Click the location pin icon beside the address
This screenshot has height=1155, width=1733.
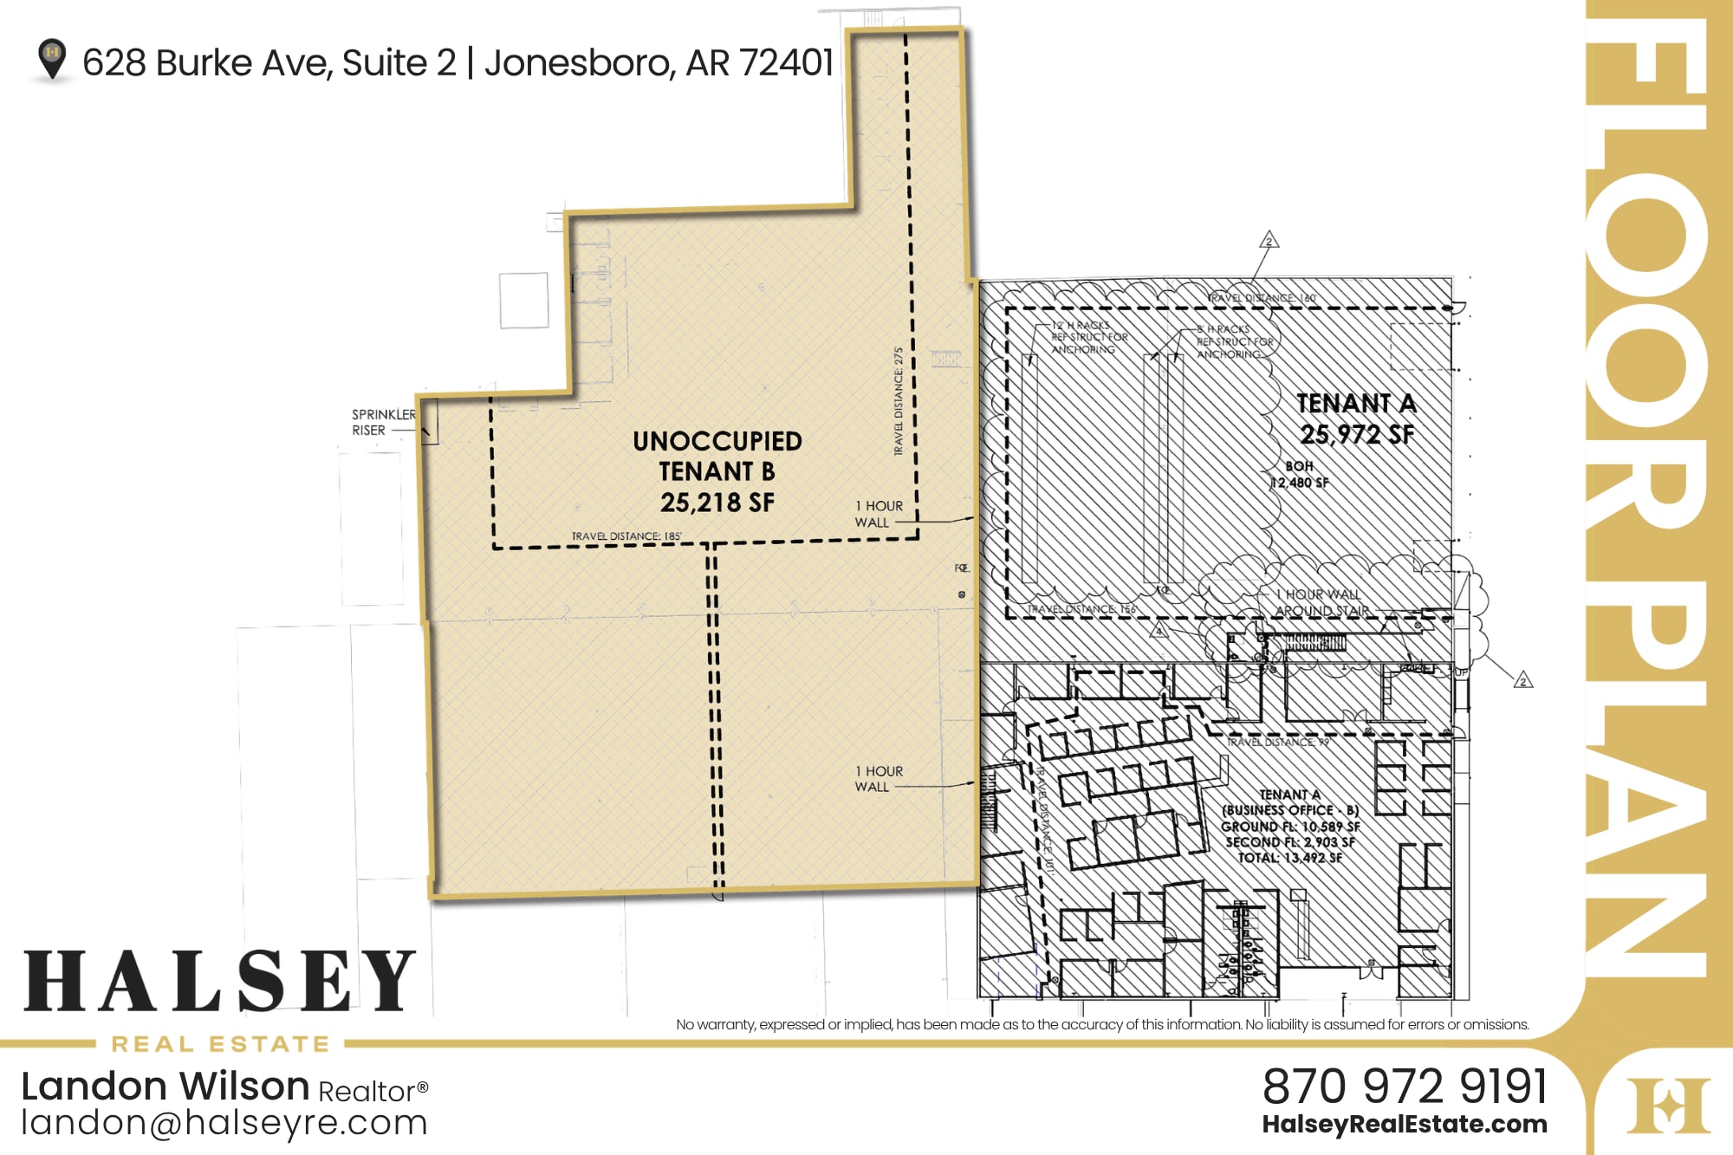(52, 59)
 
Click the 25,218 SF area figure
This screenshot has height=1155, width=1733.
(717, 503)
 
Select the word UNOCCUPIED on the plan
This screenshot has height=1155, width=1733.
(717, 441)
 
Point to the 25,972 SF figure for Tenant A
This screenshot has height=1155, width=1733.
(1356, 434)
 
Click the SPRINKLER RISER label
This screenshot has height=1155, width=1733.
(383, 422)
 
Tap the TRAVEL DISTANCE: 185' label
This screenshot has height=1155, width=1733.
(626, 536)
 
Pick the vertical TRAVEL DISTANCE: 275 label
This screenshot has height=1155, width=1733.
(899, 401)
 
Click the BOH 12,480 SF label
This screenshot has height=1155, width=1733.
(1299, 475)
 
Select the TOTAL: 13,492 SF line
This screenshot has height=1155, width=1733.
(1289, 858)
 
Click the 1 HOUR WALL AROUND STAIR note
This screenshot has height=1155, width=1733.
(1321, 602)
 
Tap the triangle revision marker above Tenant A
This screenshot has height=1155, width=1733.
(1269, 240)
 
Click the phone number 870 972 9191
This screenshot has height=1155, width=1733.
(1405, 1087)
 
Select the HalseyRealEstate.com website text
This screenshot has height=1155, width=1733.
(1405, 1125)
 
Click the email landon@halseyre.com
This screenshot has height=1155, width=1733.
(224, 1123)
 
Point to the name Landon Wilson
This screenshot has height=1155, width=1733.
(166, 1087)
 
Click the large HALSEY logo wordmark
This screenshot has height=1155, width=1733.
(220, 981)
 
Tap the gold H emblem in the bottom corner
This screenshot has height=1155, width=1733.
(1668, 1105)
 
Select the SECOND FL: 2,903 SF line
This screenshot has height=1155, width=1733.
(1289, 842)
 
